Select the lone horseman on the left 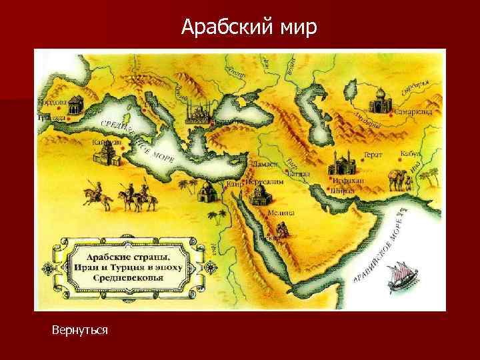coord(90,195)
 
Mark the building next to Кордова coord(75,104)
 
